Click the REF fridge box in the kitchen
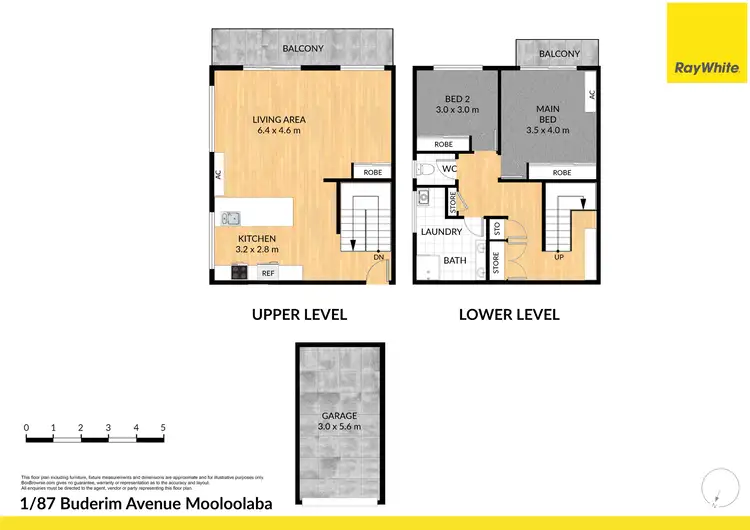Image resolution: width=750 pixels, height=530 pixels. coord(268,272)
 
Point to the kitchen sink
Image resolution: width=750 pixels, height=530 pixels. coord(231,217)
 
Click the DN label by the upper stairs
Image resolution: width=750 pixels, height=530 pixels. coord(378,257)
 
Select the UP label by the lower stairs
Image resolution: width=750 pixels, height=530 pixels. coord(559,257)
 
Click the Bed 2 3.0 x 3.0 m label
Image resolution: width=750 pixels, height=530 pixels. coord(457,104)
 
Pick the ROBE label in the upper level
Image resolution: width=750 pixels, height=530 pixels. coord(372,172)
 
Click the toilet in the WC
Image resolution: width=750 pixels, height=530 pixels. coord(424,170)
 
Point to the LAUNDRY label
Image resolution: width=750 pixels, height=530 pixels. coord(440,232)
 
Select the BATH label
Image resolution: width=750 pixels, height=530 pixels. coord(455,260)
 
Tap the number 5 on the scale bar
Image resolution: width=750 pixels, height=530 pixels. coord(162,427)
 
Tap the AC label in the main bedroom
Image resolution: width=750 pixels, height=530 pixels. coord(592,95)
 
